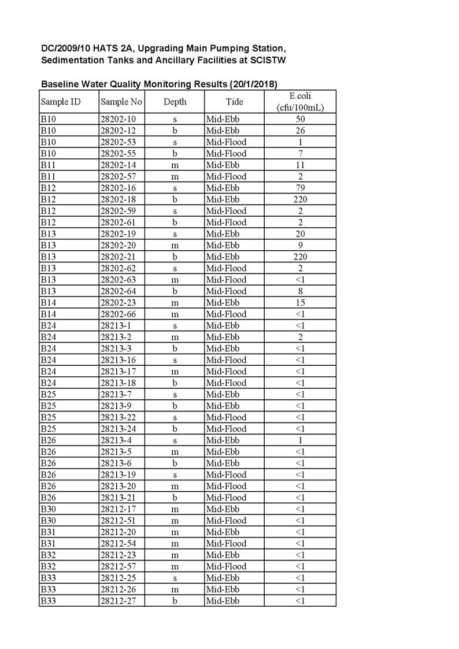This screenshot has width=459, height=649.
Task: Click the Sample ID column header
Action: (60, 102)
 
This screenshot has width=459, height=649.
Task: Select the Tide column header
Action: (234, 102)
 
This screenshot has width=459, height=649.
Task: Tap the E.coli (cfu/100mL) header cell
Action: (300, 102)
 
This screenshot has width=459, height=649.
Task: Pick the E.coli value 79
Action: (300, 188)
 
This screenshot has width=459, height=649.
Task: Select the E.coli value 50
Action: (300, 119)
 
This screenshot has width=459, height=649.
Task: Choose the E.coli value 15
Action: (300, 302)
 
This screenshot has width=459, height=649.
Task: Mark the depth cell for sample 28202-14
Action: (175, 165)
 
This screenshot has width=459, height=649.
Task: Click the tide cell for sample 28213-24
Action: (226, 428)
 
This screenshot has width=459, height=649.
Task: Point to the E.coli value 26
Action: (300, 131)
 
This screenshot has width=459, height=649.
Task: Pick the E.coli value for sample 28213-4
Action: (300, 440)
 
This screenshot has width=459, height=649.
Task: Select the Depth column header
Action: (175, 102)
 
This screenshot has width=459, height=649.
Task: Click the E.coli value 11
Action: (300, 165)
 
